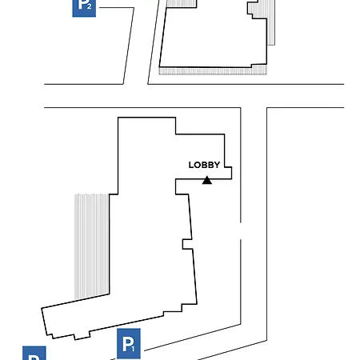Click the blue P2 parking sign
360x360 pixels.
click(84, 8)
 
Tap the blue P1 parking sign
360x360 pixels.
click(129, 343)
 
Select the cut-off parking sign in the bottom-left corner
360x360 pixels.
click(34, 353)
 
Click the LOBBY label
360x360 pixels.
click(204, 165)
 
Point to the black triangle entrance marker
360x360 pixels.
click(207, 180)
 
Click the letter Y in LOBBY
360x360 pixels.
click(217, 165)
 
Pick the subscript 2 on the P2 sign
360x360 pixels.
click(89, 6)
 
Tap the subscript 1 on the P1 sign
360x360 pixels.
click(133, 348)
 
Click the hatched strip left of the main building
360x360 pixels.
click(92, 246)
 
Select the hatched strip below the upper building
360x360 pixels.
click(213, 70)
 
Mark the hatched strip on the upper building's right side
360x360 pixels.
click(268, 22)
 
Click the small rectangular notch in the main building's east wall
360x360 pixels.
click(187, 244)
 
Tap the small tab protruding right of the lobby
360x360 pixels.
click(228, 173)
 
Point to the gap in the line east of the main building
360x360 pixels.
click(241, 230)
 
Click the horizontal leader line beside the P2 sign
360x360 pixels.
click(117, 8)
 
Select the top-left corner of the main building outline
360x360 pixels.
click(118, 118)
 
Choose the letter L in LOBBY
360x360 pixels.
click(191, 165)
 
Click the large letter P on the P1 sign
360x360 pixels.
click(127, 343)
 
